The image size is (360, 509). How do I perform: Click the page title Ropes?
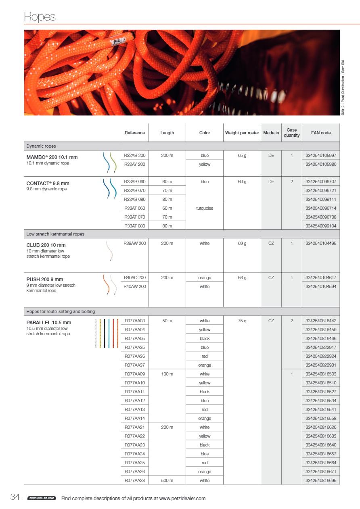coord(40,17)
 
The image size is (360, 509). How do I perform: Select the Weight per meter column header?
coord(242,133)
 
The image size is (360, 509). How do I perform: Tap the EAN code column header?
coord(321,133)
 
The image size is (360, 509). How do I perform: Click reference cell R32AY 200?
coord(135,164)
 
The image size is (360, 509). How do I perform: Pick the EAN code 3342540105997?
coord(321,155)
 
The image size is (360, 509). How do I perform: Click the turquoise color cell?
coord(205,208)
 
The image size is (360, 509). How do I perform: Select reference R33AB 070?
coord(135,190)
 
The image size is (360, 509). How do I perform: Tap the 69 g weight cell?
coord(242,243)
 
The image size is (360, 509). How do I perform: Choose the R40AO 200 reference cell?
coord(135,277)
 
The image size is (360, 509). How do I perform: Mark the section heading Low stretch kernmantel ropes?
coord(55,234)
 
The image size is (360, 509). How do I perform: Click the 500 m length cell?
coord(167,480)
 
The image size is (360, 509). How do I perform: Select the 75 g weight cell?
coord(242,321)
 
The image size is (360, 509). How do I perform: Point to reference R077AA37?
coord(135,365)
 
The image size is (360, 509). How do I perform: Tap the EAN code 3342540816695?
coord(321,480)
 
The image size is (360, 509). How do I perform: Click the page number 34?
coord(15,497)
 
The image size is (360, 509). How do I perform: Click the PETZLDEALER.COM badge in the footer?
coord(41,499)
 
